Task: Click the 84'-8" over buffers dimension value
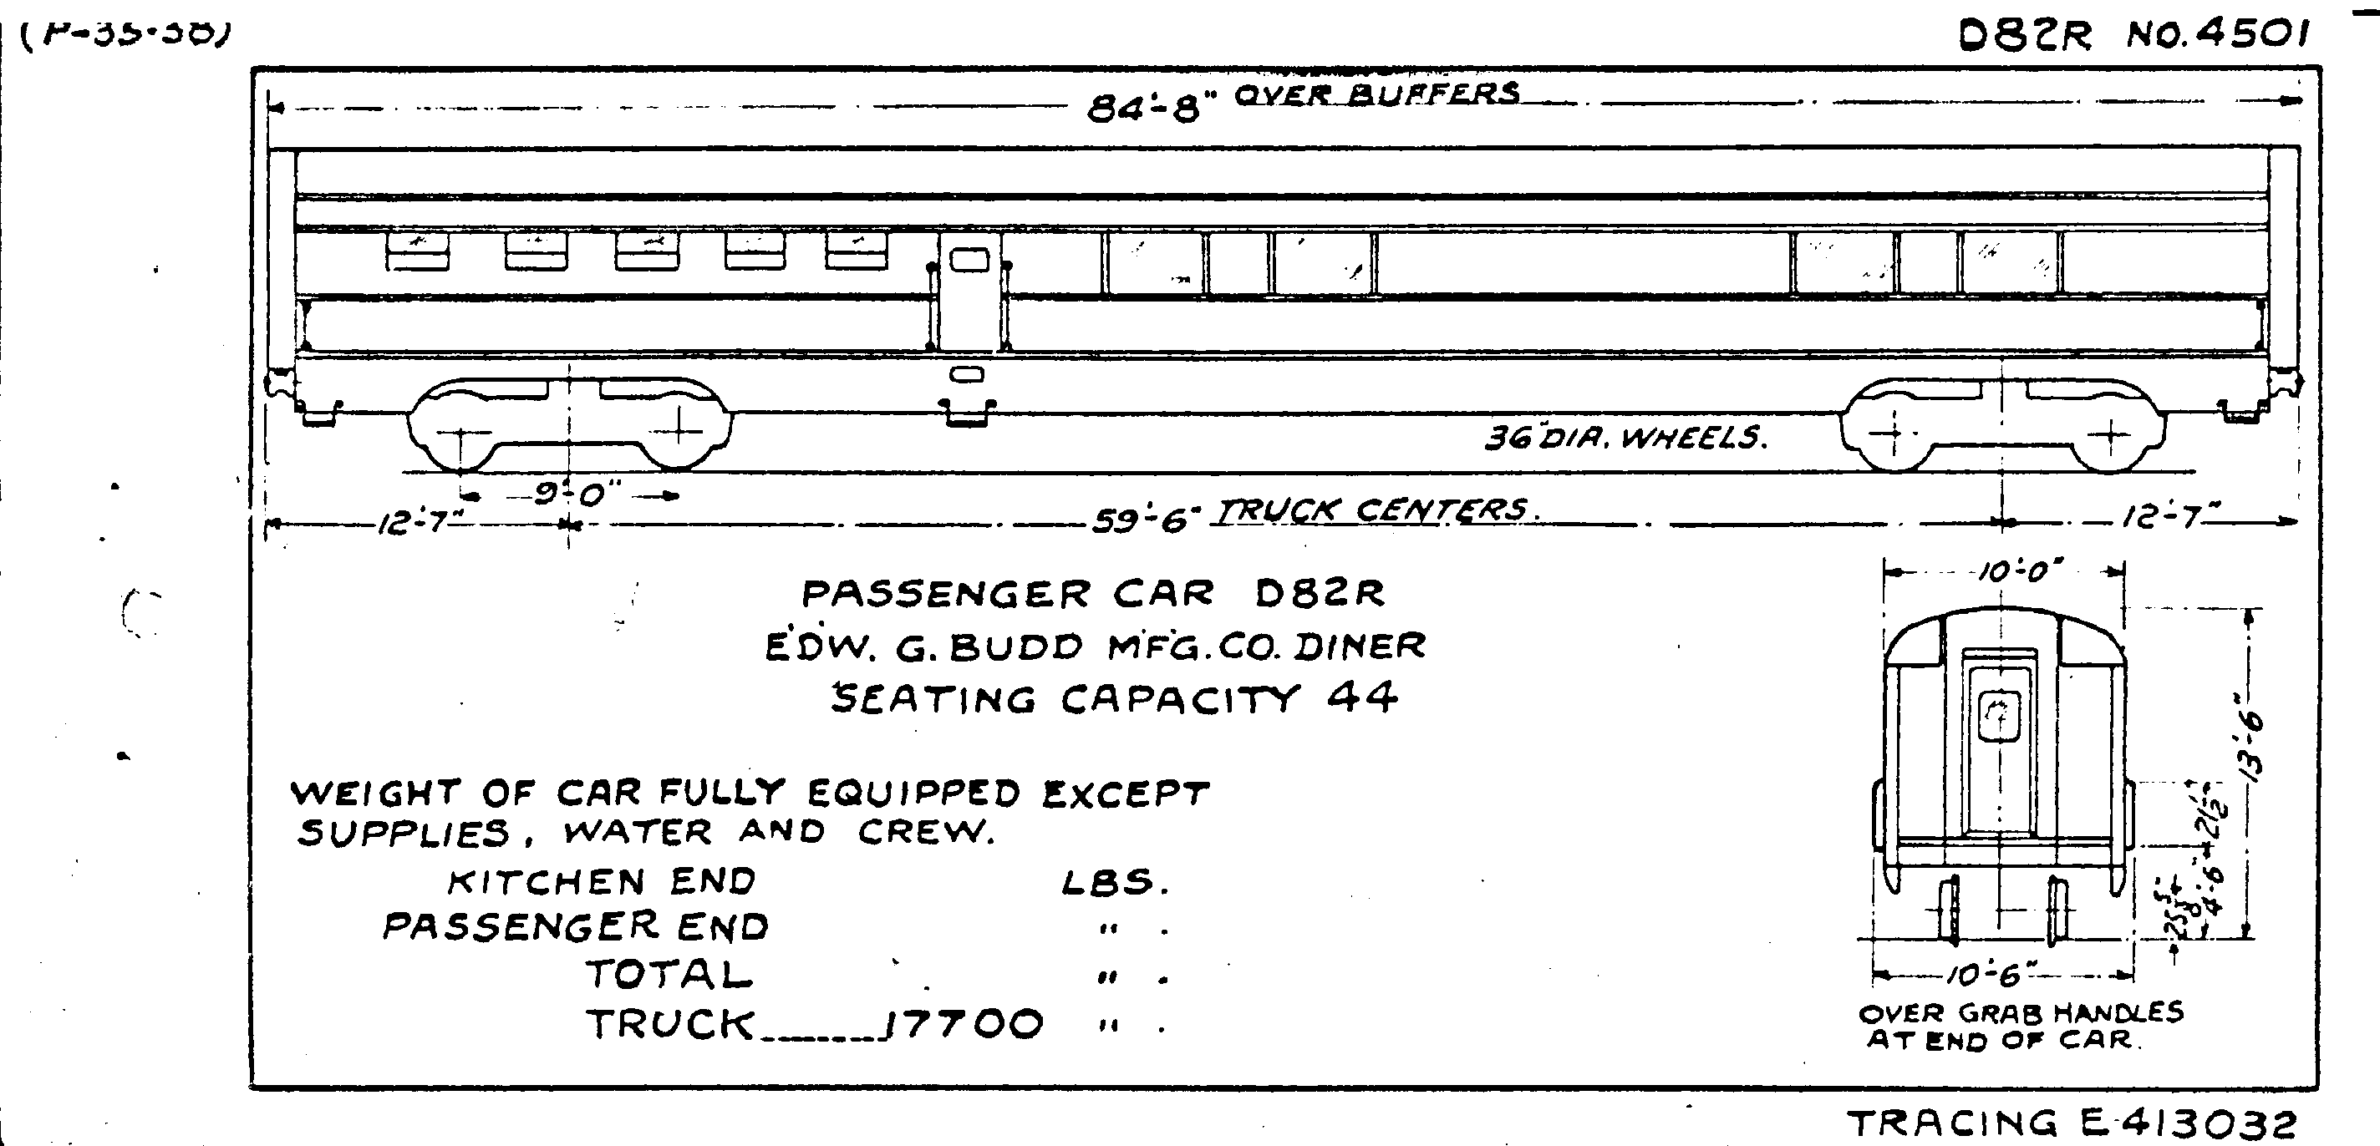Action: [1143, 109]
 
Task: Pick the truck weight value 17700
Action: [964, 1024]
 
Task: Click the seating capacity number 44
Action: [1362, 698]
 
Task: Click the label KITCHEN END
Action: [602, 882]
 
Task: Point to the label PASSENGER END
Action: [575, 926]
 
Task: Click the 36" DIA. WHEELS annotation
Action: [1625, 437]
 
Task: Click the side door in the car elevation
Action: [969, 291]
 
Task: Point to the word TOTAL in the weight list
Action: [669, 974]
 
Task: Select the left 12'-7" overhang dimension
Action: [413, 525]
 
